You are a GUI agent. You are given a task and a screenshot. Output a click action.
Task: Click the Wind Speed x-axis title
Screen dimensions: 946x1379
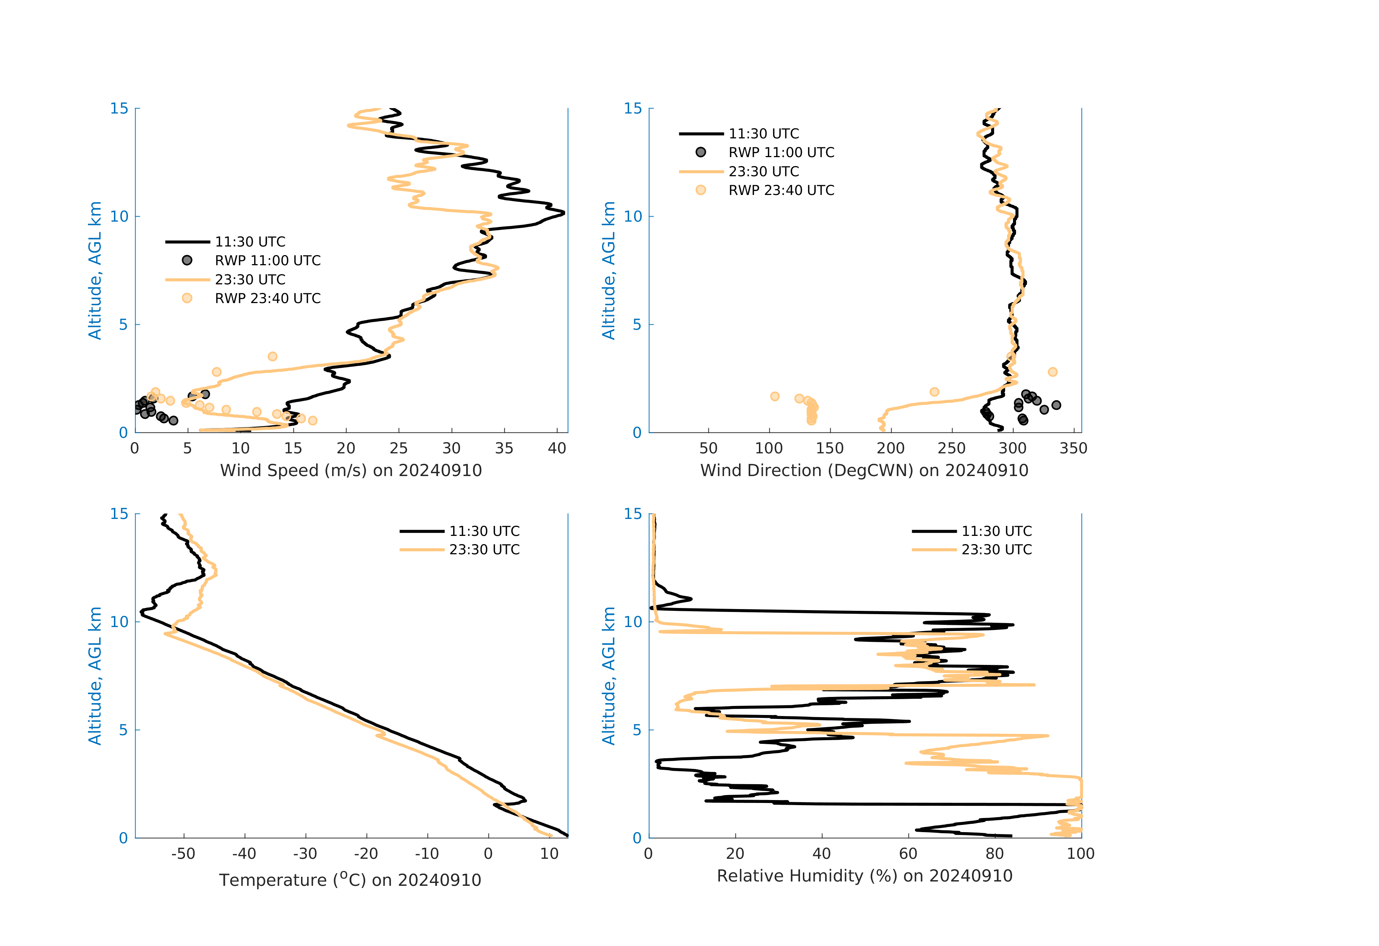[x=351, y=470]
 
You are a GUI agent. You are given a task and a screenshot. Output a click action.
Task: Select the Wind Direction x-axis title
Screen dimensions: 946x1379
[x=864, y=470]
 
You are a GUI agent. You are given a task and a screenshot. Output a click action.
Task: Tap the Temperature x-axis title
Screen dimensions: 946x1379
[x=350, y=880]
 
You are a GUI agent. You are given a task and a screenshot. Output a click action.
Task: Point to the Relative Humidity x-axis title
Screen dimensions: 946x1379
[x=864, y=876]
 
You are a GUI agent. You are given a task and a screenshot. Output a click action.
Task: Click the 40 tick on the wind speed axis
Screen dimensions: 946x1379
[x=557, y=448]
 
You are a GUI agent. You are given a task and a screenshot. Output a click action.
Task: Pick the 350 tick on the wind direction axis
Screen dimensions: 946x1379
[x=1073, y=448]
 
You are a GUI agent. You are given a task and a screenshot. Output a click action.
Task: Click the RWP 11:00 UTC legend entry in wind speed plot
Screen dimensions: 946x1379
[x=267, y=260]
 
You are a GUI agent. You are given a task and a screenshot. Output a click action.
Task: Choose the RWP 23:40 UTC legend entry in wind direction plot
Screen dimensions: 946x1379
[x=781, y=190]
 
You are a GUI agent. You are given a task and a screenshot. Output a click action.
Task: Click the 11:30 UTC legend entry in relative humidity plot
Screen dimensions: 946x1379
[x=996, y=531]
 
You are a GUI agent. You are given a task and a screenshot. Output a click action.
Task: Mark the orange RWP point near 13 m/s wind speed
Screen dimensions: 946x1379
[x=272, y=356]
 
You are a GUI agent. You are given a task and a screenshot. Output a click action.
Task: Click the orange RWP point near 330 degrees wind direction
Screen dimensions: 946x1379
[x=1052, y=372]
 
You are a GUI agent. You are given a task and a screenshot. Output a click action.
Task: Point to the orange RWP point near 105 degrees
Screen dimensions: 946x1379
[x=774, y=396]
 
